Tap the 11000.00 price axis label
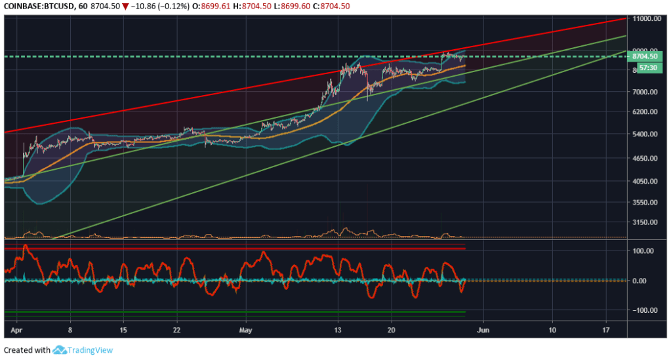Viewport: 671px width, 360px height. pyautogui.click(x=648, y=19)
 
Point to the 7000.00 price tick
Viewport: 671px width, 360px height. pyautogui.click(x=646, y=92)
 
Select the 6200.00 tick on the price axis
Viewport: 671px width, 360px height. pyautogui.click(x=646, y=112)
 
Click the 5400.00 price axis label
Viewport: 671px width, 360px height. pyautogui.click(x=646, y=134)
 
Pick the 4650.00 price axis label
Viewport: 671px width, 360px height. pyautogui.click(x=646, y=159)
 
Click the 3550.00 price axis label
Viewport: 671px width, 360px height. pyautogui.click(x=646, y=203)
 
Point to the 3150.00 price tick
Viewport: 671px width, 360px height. pyautogui.click(x=646, y=223)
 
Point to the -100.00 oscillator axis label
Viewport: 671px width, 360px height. pyautogui.click(x=645, y=310)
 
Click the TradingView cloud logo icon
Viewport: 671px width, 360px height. pyautogui.click(x=61, y=350)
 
